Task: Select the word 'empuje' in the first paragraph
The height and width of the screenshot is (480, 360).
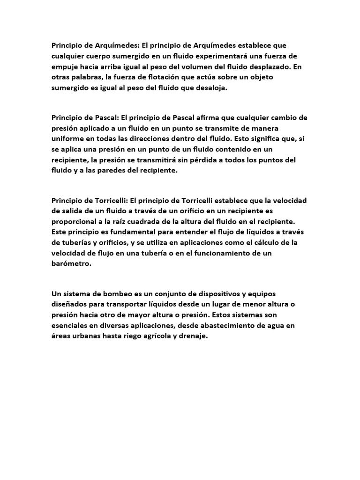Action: point(64,67)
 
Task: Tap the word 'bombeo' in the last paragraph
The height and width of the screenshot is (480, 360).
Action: point(112,294)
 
